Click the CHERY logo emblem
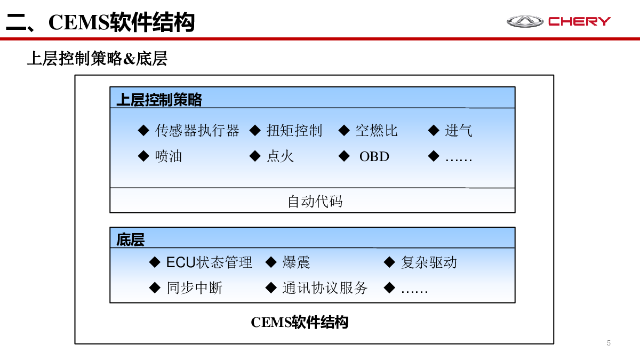pos(525,21)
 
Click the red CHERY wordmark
pos(579,21)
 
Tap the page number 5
pos(609,343)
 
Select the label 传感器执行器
pos(197,131)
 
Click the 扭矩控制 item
pos(294,131)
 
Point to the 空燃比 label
pos(377,131)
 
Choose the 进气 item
pos(458,131)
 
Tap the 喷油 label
pos(169,156)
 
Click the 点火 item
pos(280,156)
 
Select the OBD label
pos(374,157)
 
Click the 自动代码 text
pos(315,201)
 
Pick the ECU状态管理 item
pos(209,262)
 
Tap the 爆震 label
pos(296,262)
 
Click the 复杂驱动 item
pos(429,262)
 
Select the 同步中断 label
pos(194,287)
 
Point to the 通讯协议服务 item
pos(325,287)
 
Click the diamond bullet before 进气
pos(434,131)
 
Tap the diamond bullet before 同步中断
pos(155,287)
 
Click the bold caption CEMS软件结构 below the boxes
pos(299,322)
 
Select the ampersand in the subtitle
pos(129,59)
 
